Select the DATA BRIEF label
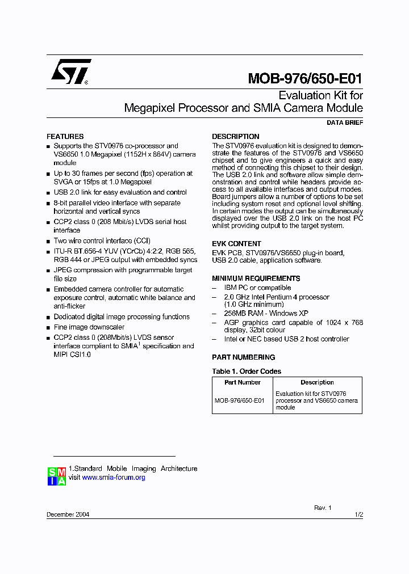(345, 123)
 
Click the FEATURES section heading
(65, 137)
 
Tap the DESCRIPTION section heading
(236, 137)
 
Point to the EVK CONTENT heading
(236, 244)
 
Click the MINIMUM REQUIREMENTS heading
(256, 278)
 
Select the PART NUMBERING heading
(243, 357)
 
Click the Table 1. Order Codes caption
(247, 372)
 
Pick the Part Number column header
(242, 382)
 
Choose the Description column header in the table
(317, 382)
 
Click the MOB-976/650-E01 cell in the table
(239, 400)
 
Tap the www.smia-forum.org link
(114, 478)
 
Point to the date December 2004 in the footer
(68, 515)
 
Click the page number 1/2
(358, 515)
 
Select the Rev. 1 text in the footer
(323, 508)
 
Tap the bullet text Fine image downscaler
(89, 327)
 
